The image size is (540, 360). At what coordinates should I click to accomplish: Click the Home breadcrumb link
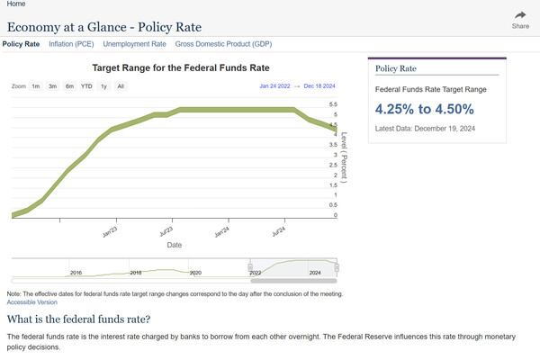pos(15,4)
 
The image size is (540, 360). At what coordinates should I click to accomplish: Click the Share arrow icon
pos(520,15)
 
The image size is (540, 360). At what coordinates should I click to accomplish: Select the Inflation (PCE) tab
pos(71,43)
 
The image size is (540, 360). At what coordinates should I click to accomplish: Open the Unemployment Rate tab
pos(134,43)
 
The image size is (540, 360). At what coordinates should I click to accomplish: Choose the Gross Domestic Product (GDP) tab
pos(223,43)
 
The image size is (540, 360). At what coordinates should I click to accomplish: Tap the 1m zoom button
pos(36,86)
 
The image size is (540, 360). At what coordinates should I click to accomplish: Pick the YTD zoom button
pos(86,86)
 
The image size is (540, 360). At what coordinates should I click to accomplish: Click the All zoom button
pos(121,86)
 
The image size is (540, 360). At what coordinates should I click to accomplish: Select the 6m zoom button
pos(69,86)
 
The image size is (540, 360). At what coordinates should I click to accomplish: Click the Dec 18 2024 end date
pos(319,86)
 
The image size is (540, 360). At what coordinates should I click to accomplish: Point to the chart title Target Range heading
pos(181,67)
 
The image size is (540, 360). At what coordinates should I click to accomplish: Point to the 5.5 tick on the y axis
pos(334,104)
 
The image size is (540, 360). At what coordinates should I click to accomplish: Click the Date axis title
pos(174,244)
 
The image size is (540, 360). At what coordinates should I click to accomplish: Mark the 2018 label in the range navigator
pos(136,272)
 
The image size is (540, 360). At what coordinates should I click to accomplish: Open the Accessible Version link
pos(31,302)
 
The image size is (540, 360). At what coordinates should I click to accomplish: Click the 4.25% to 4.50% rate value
pos(424,110)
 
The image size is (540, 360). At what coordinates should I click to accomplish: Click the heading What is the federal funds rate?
pos(78,319)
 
